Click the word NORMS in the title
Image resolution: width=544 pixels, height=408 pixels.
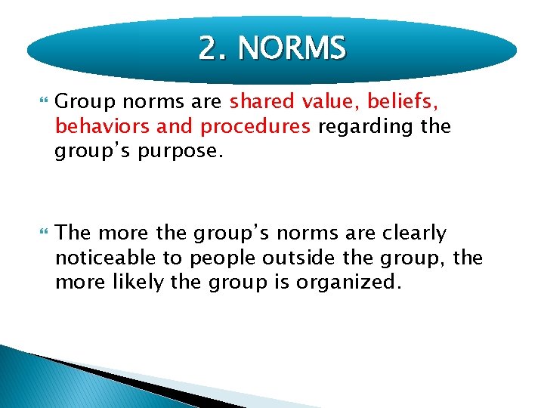pos(292,49)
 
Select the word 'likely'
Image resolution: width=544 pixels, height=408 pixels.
pos(138,283)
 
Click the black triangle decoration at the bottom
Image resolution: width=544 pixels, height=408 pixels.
pos(128,382)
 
